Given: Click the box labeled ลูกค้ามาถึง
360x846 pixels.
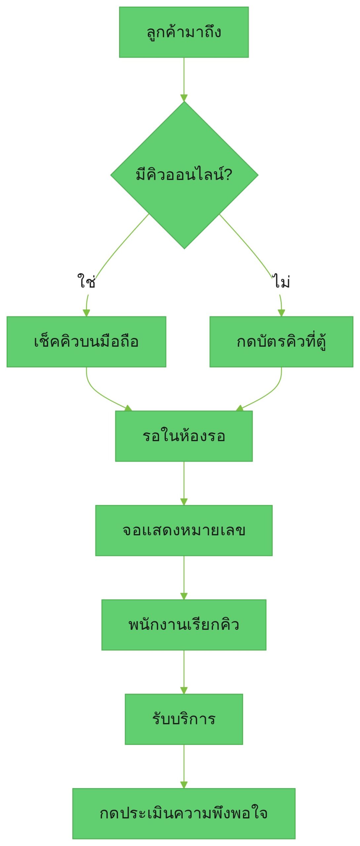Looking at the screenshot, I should [184, 32].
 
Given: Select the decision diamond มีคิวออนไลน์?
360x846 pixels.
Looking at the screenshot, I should [184, 175].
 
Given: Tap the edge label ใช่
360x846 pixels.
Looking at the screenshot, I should [87, 281].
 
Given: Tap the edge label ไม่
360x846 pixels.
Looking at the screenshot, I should [281, 281].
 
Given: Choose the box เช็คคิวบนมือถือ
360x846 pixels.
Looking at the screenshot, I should [86, 342].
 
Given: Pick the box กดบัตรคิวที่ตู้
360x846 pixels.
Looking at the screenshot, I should [281, 342].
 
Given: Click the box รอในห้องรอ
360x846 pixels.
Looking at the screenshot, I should [184, 436].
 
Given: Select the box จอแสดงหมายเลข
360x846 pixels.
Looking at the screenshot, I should [184, 530].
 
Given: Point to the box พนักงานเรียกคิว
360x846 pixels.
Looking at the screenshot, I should [184, 625].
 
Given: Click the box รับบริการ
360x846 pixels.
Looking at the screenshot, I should [184, 719].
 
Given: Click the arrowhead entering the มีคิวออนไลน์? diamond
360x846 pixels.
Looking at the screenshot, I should [184, 98].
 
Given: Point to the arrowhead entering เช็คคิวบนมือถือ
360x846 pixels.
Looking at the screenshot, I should [86, 313].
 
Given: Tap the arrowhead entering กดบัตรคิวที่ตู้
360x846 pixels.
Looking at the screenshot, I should [281, 313].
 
